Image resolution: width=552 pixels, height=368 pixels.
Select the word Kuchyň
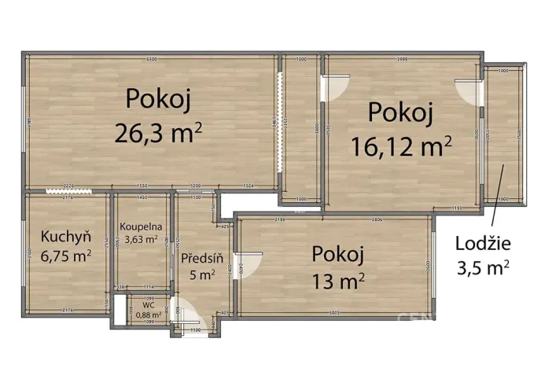pos(66,236)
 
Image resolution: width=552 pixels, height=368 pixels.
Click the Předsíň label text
pos(202,257)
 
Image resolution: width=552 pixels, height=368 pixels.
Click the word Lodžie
pos(483,243)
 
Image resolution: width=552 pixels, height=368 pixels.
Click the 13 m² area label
pos(338,278)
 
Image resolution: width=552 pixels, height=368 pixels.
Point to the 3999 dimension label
pos(402,60)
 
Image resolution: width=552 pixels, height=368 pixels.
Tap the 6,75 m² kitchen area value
pos(66,255)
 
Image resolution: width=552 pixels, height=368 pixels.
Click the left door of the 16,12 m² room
pos(335,86)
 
